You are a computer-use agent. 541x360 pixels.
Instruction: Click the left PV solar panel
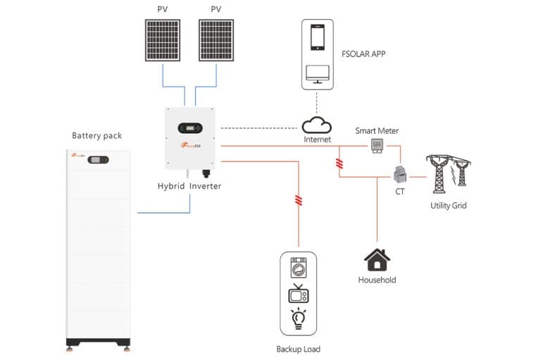click(x=163, y=41)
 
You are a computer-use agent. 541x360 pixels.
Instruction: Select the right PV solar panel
click(x=216, y=41)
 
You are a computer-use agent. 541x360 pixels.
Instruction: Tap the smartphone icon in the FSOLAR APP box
click(x=316, y=39)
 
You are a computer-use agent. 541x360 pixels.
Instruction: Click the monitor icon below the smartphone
click(x=316, y=73)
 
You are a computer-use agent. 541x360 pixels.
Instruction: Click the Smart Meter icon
click(x=378, y=145)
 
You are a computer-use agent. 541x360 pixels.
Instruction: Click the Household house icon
click(x=377, y=259)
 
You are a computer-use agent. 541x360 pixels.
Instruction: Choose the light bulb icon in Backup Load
click(x=299, y=317)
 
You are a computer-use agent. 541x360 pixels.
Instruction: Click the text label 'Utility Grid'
click(x=448, y=206)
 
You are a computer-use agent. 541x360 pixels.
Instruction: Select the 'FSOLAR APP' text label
click(x=364, y=53)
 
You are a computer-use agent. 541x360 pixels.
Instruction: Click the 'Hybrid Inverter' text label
click(x=190, y=185)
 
